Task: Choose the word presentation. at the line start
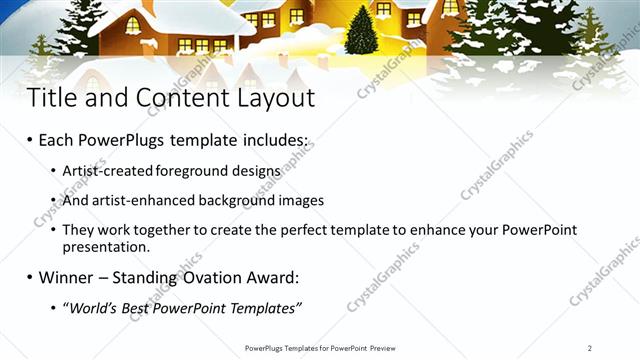106,246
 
